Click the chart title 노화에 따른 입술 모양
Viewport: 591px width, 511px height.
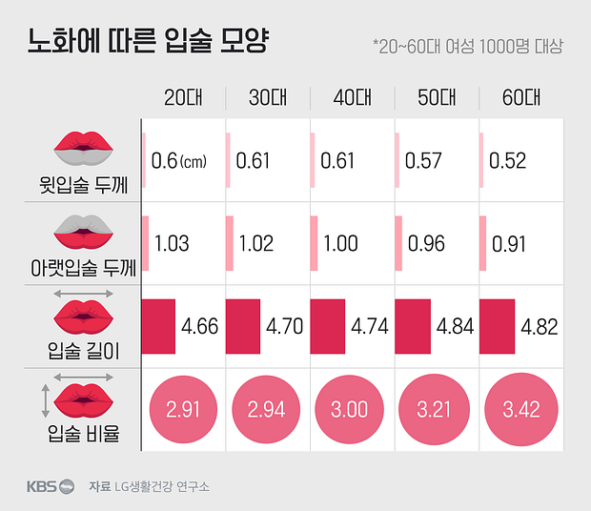pyautogui.click(x=149, y=43)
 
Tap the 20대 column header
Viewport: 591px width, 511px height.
pyautogui.click(x=183, y=97)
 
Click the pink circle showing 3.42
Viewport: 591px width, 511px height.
pyautogui.click(x=520, y=410)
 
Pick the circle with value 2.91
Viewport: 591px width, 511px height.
pyautogui.click(x=183, y=410)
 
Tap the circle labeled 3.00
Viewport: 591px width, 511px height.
pyautogui.click(x=352, y=410)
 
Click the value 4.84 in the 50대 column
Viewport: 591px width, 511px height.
pyautogui.click(x=455, y=326)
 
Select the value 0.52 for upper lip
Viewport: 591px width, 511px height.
pyautogui.click(x=508, y=161)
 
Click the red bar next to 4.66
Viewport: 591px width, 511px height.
pyautogui.click(x=159, y=325)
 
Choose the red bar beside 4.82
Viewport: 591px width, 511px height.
pyautogui.click(x=497, y=325)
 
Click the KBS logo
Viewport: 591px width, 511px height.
pyautogui.click(x=50, y=486)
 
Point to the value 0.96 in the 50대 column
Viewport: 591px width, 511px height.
pyautogui.click(x=425, y=243)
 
